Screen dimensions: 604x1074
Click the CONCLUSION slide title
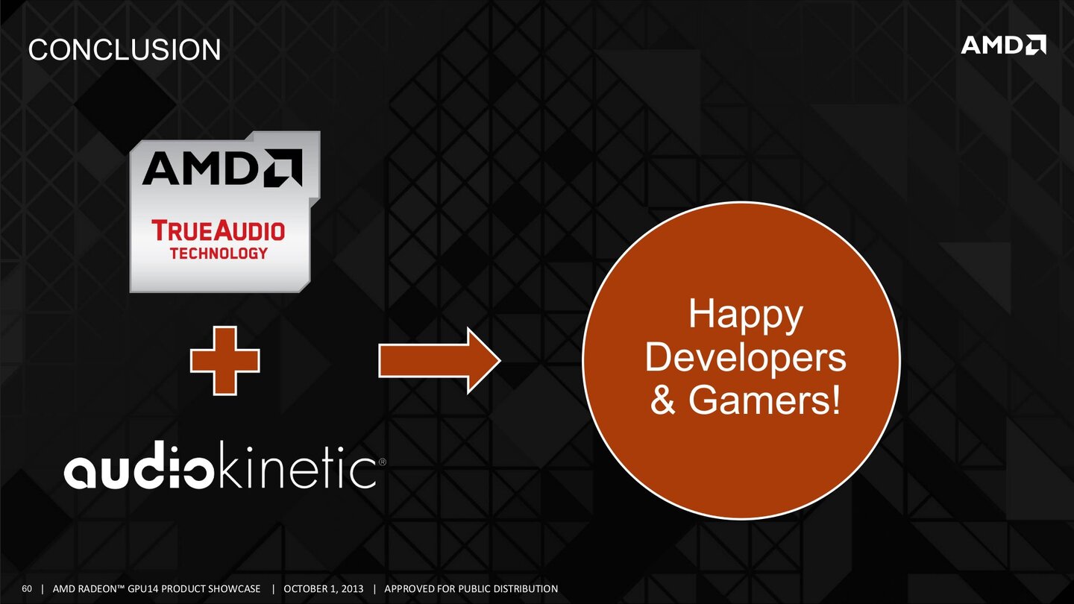(x=124, y=50)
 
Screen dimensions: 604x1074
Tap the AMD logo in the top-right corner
(x=1003, y=45)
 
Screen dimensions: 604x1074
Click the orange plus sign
(x=224, y=361)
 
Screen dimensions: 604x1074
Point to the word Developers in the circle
(x=745, y=358)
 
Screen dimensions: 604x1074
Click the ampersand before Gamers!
(x=663, y=401)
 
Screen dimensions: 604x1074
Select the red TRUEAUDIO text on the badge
(x=219, y=230)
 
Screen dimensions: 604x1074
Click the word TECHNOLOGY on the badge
(x=219, y=253)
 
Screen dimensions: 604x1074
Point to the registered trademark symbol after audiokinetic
(x=382, y=462)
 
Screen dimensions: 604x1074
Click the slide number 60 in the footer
(x=28, y=589)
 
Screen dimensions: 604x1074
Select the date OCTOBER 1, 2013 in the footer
(x=324, y=589)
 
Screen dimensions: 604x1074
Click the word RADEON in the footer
(x=98, y=589)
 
